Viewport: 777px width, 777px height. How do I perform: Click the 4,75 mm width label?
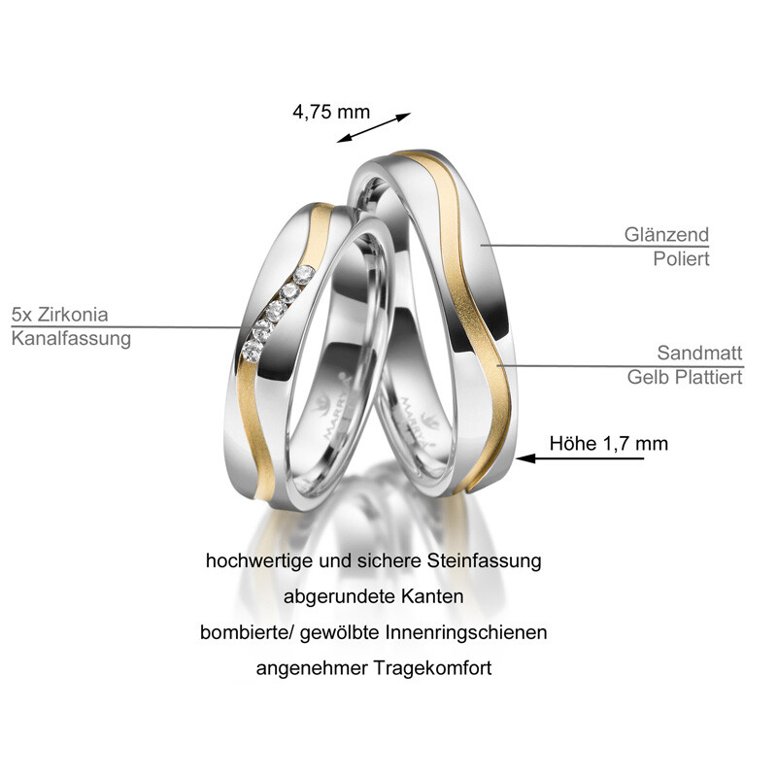[x=331, y=111]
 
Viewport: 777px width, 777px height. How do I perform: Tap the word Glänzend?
[x=666, y=235]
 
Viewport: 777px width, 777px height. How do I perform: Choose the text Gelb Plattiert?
[x=684, y=376]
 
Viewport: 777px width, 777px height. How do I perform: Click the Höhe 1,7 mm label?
[x=609, y=443]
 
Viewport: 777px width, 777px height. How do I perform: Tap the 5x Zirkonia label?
[x=59, y=315]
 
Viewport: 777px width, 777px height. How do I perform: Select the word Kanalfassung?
[x=71, y=338]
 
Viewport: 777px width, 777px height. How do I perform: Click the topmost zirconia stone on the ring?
[x=305, y=273]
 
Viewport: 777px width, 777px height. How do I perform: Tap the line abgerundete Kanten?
[x=374, y=595]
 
